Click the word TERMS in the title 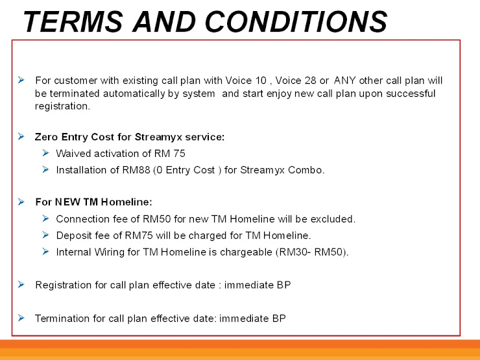click(x=73, y=21)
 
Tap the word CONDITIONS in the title click(x=296, y=21)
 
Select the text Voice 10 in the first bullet click(x=246, y=80)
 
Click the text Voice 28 click(x=296, y=80)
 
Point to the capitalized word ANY click(x=344, y=80)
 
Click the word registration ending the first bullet click(x=62, y=106)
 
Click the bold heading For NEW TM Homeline click(x=93, y=202)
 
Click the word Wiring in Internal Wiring click(x=109, y=252)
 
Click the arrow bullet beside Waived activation click(x=45, y=152)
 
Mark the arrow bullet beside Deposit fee click(x=45, y=235)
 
